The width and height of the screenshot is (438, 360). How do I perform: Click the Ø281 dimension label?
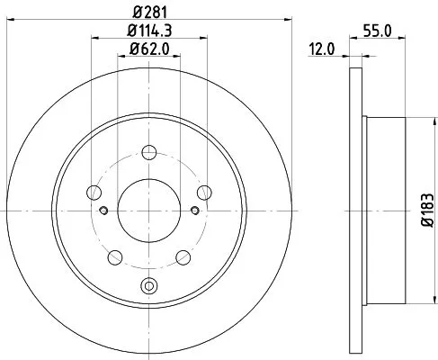click(x=149, y=12)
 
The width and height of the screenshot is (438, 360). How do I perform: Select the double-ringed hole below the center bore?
click(x=149, y=288)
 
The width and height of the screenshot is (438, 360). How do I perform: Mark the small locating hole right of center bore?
click(x=194, y=211)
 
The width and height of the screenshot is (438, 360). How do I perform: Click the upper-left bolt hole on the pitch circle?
click(x=94, y=191)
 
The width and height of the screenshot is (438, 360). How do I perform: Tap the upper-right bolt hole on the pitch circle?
click(x=205, y=191)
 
